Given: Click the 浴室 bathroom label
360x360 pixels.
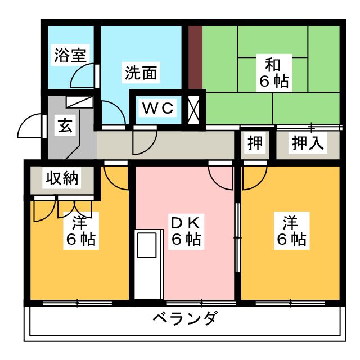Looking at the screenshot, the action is pyautogui.click(x=70, y=55).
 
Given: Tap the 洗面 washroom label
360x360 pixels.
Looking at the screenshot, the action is pyautogui.click(x=141, y=73).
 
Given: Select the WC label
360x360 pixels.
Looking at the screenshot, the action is pyautogui.click(x=157, y=108).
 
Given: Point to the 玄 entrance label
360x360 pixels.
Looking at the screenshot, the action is pyautogui.click(x=65, y=125).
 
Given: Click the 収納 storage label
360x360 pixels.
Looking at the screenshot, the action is pyautogui.click(x=62, y=178).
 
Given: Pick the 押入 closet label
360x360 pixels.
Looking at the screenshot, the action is pyautogui.click(x=308, y=143).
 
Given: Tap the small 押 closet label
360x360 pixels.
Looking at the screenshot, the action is pyautogui.click(x=255, y=143).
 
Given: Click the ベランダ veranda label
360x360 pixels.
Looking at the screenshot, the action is pyautogui.click(x=184, y=318).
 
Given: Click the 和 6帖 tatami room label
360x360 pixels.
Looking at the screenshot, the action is pyautogui.click(x=274, y=73).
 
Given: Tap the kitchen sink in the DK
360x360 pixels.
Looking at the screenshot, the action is pyautogui.click(x=147, y=245).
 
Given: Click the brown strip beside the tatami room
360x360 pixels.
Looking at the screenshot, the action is pyautogui.click(x=195, y=57).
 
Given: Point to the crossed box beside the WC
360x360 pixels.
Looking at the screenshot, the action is pyautogui.click(x=193, y=110).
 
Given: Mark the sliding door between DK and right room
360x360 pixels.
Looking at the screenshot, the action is pyautogui.click(x=238, y=237).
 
